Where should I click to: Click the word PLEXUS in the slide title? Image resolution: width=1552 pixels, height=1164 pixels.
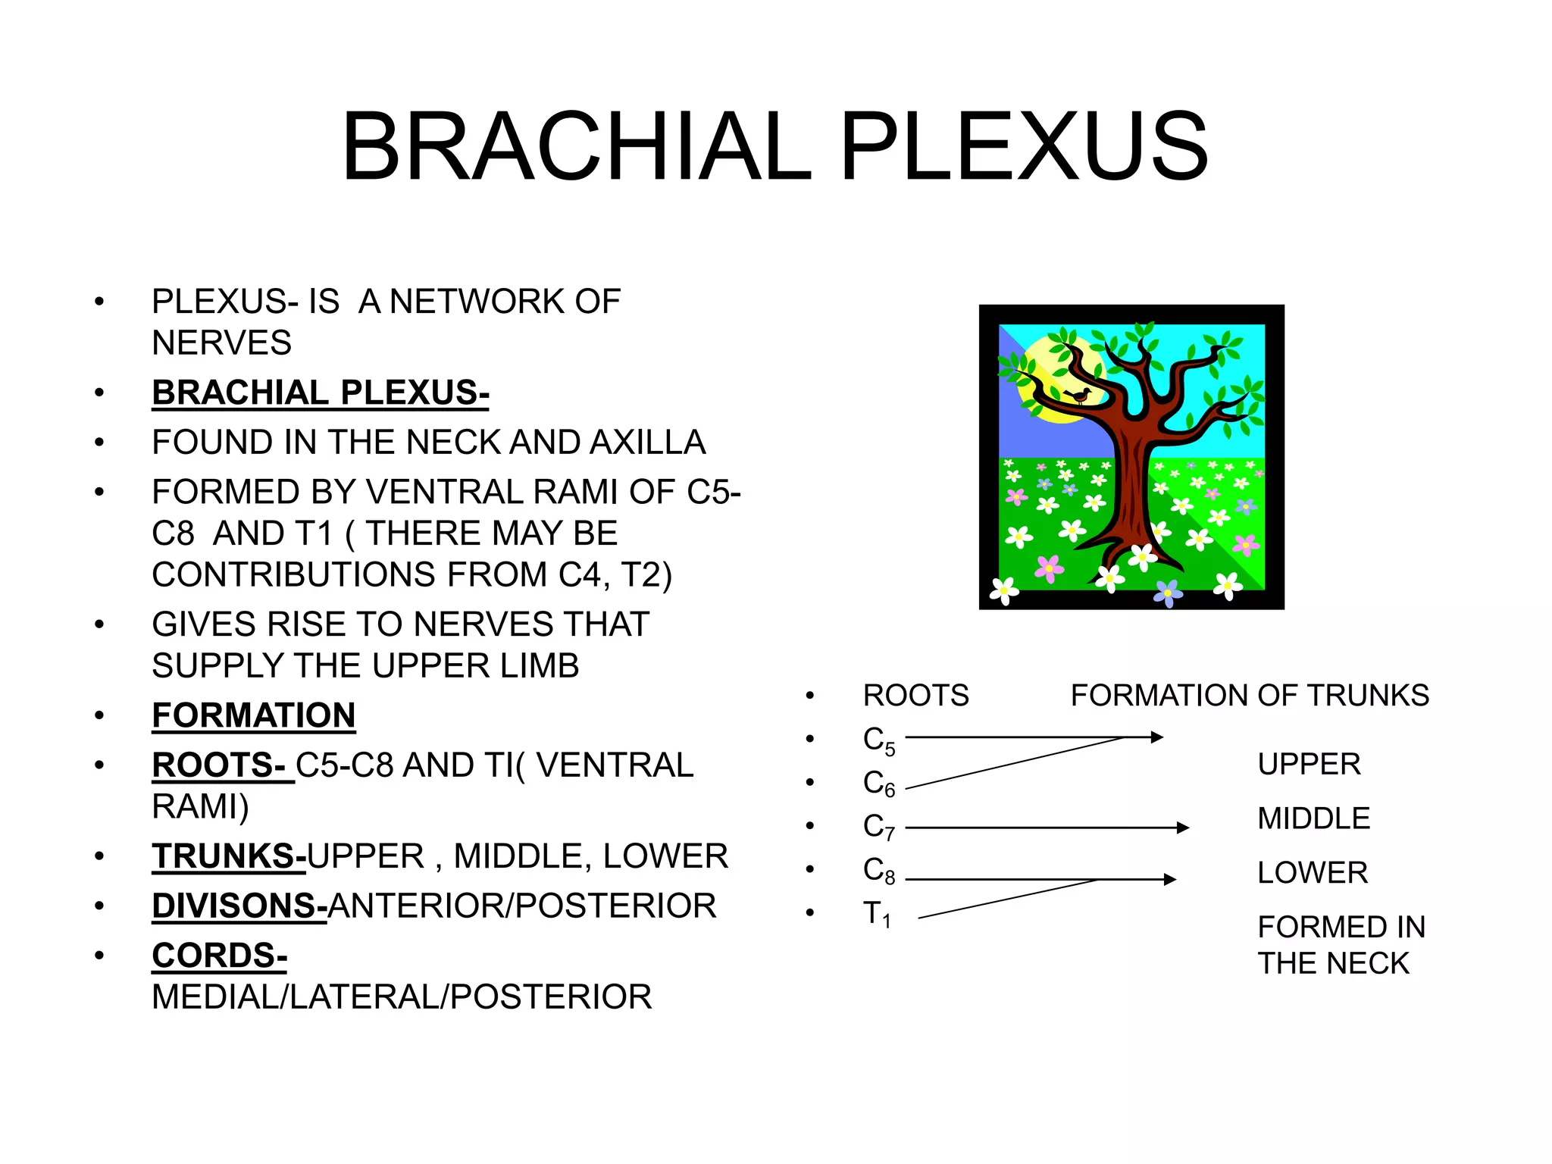point(1023,146)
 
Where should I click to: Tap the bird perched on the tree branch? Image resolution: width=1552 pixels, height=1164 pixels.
point(1078,396)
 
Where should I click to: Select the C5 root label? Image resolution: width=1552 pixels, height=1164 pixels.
point(878,740)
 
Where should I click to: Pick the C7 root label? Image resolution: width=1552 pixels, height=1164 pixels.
point(878,827)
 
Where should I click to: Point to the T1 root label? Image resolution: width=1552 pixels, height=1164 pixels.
point(876,914)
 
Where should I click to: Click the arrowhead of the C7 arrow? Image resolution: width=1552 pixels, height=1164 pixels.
point(1183,828)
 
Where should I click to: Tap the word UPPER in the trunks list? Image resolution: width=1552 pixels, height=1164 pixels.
point(1309,764)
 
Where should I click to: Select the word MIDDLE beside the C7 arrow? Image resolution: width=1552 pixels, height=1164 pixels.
point(1313,818)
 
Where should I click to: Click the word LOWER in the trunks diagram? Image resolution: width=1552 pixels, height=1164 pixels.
point(1312,873)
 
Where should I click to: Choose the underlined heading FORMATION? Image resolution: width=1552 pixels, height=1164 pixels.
point(253,715)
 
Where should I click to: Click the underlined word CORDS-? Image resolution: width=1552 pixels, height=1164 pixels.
point(219,956)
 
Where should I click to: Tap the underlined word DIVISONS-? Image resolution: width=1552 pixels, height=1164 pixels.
point(239,906)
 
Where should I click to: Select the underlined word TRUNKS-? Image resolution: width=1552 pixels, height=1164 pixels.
point(229,856)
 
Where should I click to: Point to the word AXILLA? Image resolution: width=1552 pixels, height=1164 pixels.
point(647,443)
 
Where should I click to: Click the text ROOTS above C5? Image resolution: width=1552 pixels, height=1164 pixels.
point(915,696)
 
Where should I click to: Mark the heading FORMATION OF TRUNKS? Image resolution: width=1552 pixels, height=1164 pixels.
point(1249,696)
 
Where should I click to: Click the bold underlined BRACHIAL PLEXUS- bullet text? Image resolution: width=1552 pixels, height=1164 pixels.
point(320,393)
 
